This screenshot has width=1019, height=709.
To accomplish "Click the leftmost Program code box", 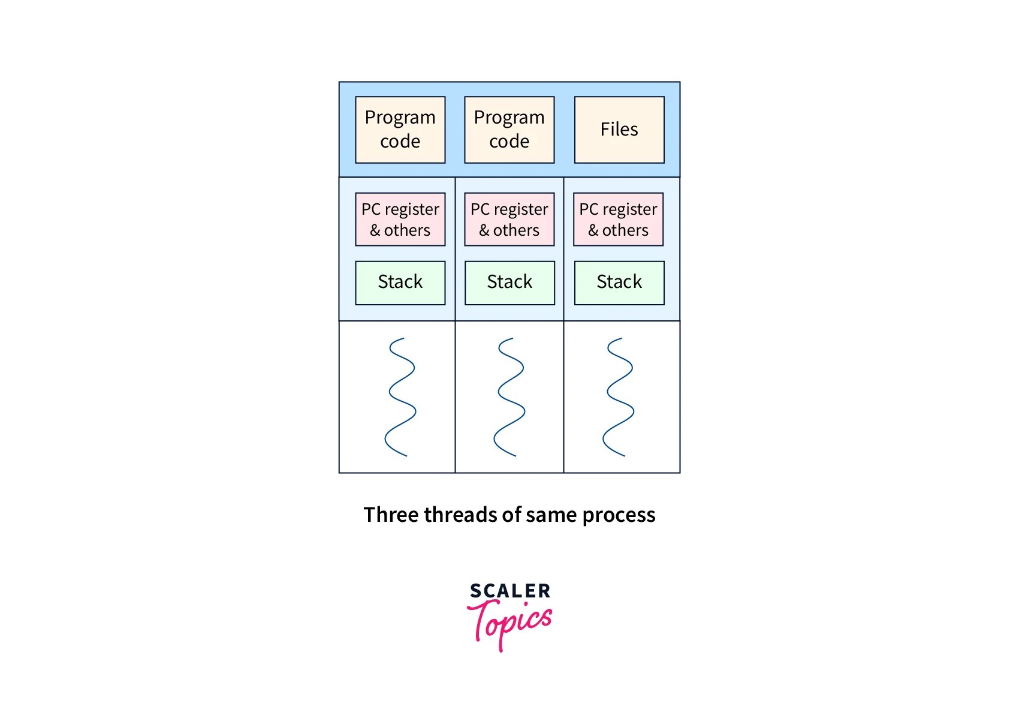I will click(x=400, y=130).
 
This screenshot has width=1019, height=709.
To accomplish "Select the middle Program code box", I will click(x=509, y=130).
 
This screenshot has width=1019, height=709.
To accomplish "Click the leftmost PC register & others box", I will click(x=400, y=220).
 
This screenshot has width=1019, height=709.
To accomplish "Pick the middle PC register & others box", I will click(x=509, y=220).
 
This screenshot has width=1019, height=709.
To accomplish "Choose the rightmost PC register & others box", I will click(x=618, y=220).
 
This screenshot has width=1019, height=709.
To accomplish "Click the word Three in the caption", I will click(x=390, y=515).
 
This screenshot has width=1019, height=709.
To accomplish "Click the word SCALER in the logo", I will click(x=509, y=591).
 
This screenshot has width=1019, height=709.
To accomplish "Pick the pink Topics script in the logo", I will click(x=509, y=623).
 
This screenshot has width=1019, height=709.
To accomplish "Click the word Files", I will click(x=619, y=129).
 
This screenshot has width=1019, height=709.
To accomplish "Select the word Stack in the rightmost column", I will click(x=619, y=282).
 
